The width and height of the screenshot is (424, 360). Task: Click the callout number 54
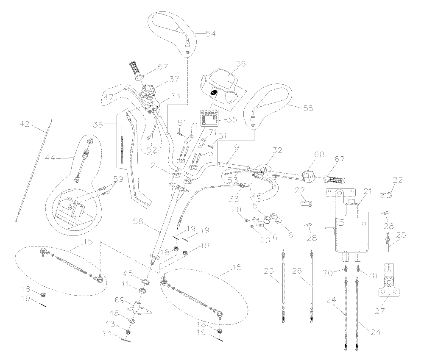[x=211, y=34]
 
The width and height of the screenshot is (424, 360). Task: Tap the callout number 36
[x=241, y=64]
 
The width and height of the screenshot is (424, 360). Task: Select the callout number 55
[x=308, y=108]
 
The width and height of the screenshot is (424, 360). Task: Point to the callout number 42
[x=25, y=125]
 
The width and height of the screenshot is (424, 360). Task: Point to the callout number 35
[x=232, y=120]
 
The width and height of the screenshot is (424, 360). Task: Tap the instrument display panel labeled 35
[x=209, y=119]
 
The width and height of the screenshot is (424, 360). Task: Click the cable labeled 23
[x=283, y=288]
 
